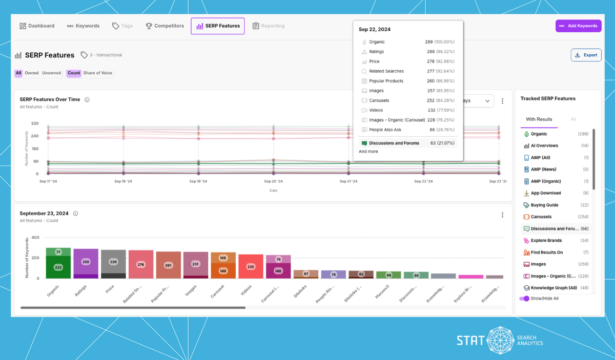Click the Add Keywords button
click(578, 26)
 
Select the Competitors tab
click(165, 26)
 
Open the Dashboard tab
click(37, 26)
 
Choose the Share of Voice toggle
click(97, 73)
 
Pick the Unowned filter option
click(51, 73)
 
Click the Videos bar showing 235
click(251, 266)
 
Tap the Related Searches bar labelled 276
click(141, 264)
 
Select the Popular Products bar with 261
click(168, 265)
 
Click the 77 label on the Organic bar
click(58, 252)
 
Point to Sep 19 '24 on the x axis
click(198, 181)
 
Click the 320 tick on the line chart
click(35, 123)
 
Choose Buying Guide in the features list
click(544, 205)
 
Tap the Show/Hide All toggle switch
click(524, 299)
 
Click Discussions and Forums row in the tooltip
click(394, 143)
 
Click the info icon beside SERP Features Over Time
click(87, 100)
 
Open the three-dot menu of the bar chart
click(502, 215)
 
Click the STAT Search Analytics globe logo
click(500, 340)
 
